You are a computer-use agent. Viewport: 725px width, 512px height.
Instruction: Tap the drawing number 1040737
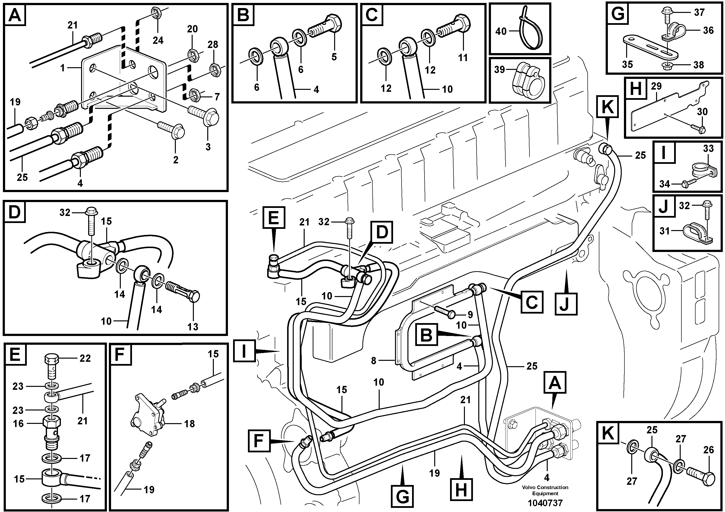click(x=545, y=503)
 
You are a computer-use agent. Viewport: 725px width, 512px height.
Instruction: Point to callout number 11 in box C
click(x=463, y=57)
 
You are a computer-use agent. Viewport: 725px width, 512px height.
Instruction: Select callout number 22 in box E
click(x=85, y=358)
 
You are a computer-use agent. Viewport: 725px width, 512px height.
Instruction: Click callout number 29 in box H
click(x=656, y=86)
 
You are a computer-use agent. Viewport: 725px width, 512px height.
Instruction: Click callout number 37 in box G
click(x=699, y=12)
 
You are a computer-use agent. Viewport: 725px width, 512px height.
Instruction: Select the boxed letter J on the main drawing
click(x=566, y=304)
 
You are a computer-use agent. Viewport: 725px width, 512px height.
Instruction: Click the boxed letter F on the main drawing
click(x=259, y=441)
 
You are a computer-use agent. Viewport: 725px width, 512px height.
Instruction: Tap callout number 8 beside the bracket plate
click(x=374, y=361)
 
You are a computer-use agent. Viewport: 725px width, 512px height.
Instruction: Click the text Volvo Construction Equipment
click(x=545, y=490)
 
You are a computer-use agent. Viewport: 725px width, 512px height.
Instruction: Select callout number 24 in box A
click(x=158, y=40)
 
